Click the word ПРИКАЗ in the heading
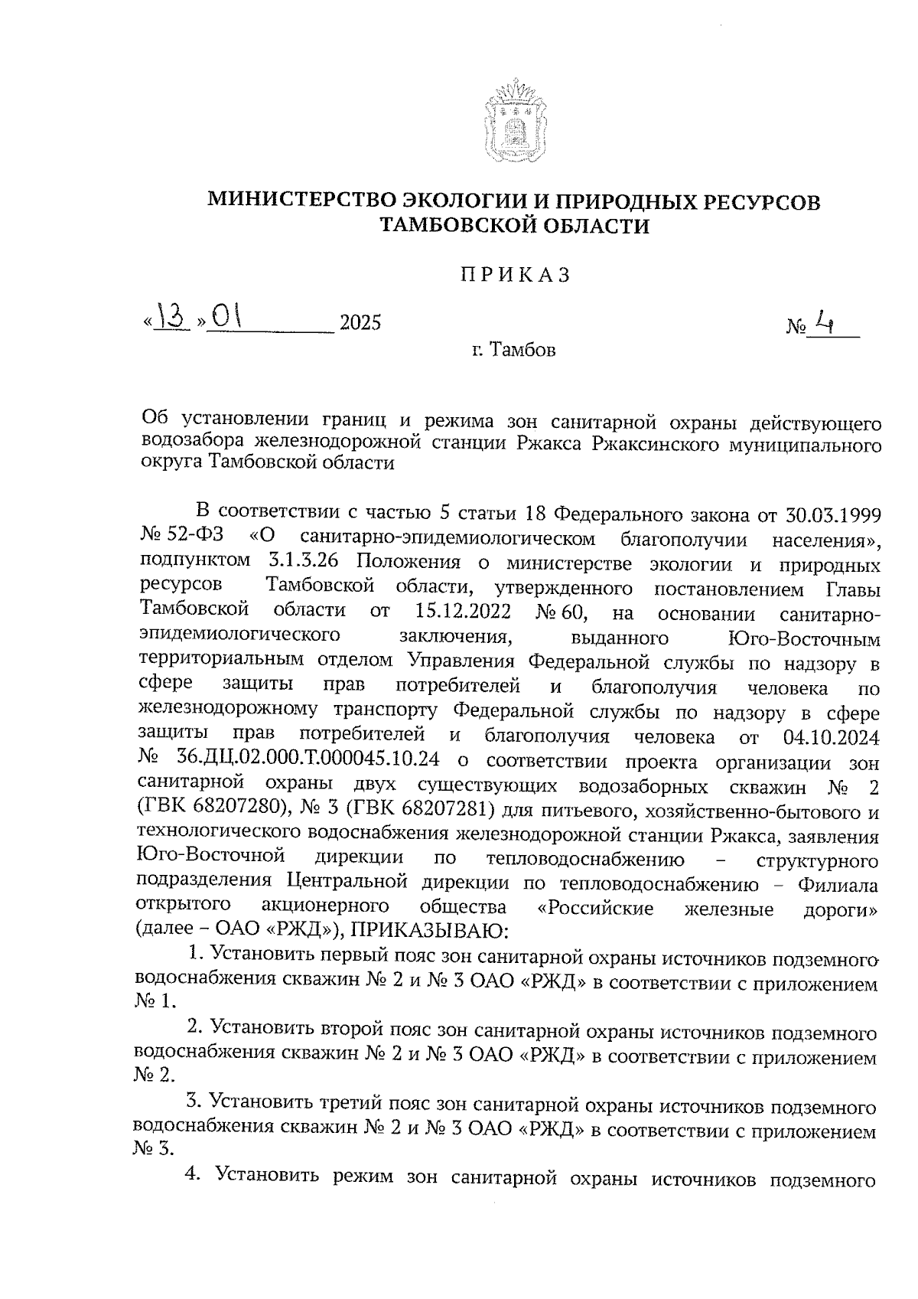[515, 276]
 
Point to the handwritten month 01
[227, 317]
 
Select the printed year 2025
[360, 323]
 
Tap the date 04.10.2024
[832, 738]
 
